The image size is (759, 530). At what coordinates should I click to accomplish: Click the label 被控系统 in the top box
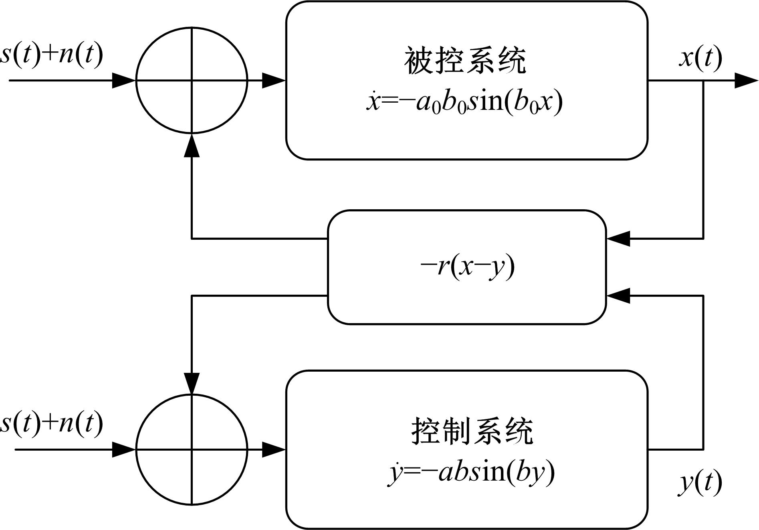465,61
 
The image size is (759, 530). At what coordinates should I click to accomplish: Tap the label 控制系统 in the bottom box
472,431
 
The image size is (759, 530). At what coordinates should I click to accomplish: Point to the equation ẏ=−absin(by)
471,472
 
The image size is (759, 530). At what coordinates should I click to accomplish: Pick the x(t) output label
700,58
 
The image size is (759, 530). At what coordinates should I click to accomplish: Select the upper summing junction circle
192,80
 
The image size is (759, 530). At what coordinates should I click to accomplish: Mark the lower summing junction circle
192,449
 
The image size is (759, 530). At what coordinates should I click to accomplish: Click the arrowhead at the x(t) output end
746,81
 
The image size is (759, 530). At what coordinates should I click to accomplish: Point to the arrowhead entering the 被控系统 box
274,81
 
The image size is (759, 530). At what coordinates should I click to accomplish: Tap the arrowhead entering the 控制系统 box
274,449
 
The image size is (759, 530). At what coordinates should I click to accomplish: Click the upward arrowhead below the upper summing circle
192,145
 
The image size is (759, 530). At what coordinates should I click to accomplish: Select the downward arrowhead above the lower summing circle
192,383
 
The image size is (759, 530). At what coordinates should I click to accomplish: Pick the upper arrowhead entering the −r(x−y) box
618,239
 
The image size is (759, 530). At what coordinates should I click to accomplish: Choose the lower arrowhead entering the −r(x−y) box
618,296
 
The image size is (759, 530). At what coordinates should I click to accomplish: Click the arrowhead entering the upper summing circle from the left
124,81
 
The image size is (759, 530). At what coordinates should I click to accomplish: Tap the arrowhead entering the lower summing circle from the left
124,449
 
